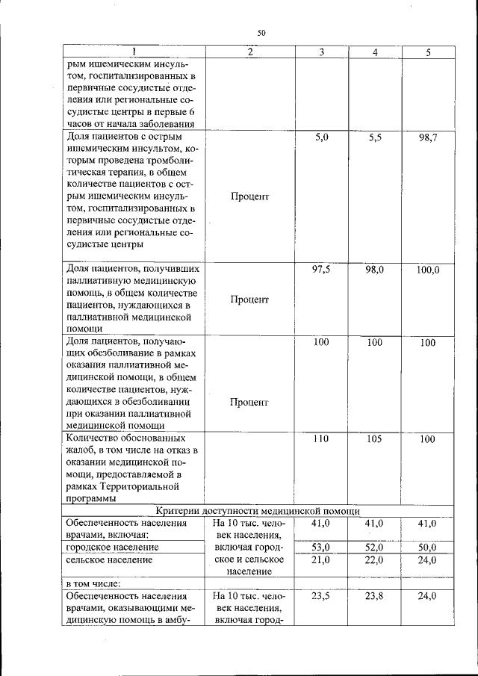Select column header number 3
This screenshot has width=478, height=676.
(x=321, y=52)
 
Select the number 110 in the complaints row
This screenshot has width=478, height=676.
(x=321, y=439)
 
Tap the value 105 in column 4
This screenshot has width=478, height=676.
(x=374, y=439)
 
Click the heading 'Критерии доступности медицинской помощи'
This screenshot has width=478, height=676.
(x=258, y=510)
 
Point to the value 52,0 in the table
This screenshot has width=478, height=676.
(x=374, y=548)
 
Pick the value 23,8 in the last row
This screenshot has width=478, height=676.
(x=374, y=596)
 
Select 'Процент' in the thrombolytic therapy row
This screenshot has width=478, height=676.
(x=249, y=196)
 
